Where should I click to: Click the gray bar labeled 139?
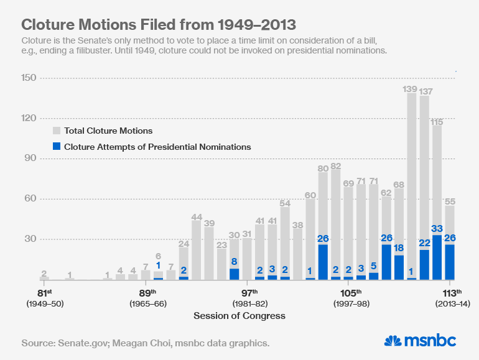coord(411,187)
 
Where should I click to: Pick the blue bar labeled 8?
coord(234,274)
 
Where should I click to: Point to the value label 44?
coord(197,217)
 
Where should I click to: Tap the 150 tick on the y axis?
coord(29,78)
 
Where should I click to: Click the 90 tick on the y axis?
coord(29,159)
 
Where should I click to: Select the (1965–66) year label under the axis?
coord(147,304)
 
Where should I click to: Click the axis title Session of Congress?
coord(240,316)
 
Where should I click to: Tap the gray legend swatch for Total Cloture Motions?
coord(57,131)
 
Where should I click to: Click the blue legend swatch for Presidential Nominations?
coord(57,147)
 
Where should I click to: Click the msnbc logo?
coord(420,341)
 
